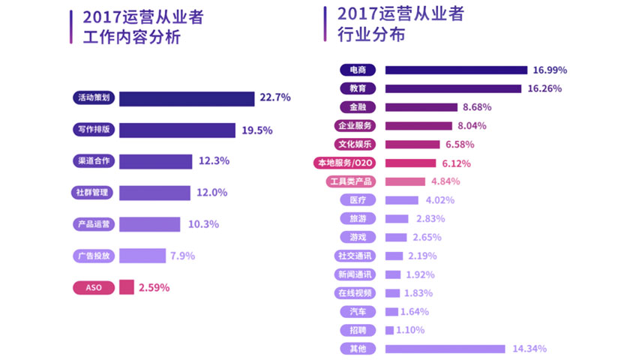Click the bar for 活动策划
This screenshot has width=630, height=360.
(x=187, y=98)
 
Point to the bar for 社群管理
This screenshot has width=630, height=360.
(x=154, y=193)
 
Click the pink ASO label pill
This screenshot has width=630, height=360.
(x=94, y=287)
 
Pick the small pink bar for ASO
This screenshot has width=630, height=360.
(x=126, y=287)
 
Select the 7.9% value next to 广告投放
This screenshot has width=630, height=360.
(x=182, y=256)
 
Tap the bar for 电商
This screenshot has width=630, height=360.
(x=456, y=70)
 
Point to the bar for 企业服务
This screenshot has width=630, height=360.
(x=418, y=125)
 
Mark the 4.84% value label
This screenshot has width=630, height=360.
(x=445, y=181)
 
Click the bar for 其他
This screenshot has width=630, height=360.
(x=445, y=349)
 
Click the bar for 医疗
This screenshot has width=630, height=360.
(x=401, y=200)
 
